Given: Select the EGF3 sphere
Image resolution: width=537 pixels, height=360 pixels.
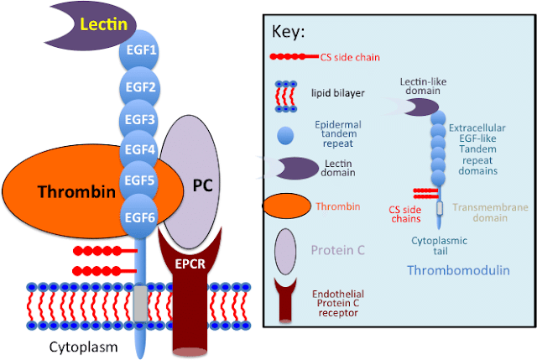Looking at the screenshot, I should tap(140, 119).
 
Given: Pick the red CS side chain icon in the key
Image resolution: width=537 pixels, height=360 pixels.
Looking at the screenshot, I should tap(292, 57).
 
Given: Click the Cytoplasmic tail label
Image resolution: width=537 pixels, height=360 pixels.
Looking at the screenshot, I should tap(439, 246).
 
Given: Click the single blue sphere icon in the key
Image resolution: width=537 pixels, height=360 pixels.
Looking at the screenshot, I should tap(285, 133).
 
